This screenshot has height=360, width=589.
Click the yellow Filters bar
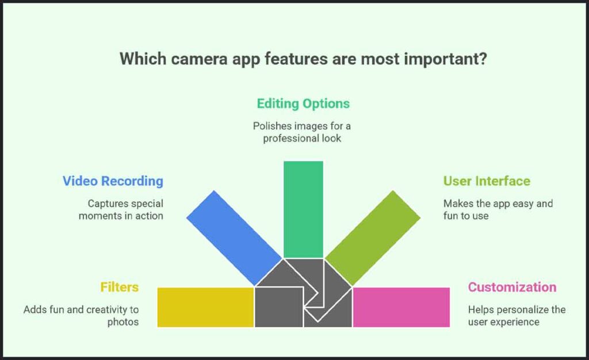(x=205, y=307)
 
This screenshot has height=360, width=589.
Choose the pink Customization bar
(x=401, y=307)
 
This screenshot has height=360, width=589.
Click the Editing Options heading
(x=303, y=104)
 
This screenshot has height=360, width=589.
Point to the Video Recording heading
(x=113, y=181)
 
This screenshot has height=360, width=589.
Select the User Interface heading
(x=487, y=181)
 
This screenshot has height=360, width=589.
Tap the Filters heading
(x=119, y=286)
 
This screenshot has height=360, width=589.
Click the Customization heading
(x=512, y=287)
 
